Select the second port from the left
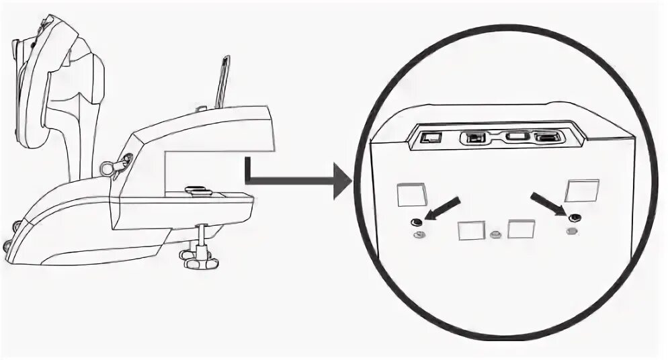click(x=474, y=138)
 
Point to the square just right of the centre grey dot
click(x=521, y=230)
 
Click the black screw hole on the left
click(x=417, y=222)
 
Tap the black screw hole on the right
click(x=573, y=218)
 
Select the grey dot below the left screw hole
click(x=419, y=234)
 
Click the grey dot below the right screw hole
click(x=572, y=231)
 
